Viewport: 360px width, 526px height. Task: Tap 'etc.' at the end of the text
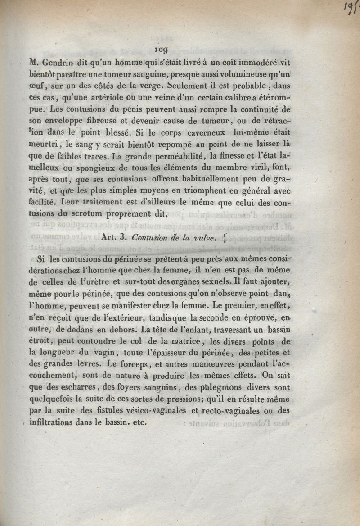140,422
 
